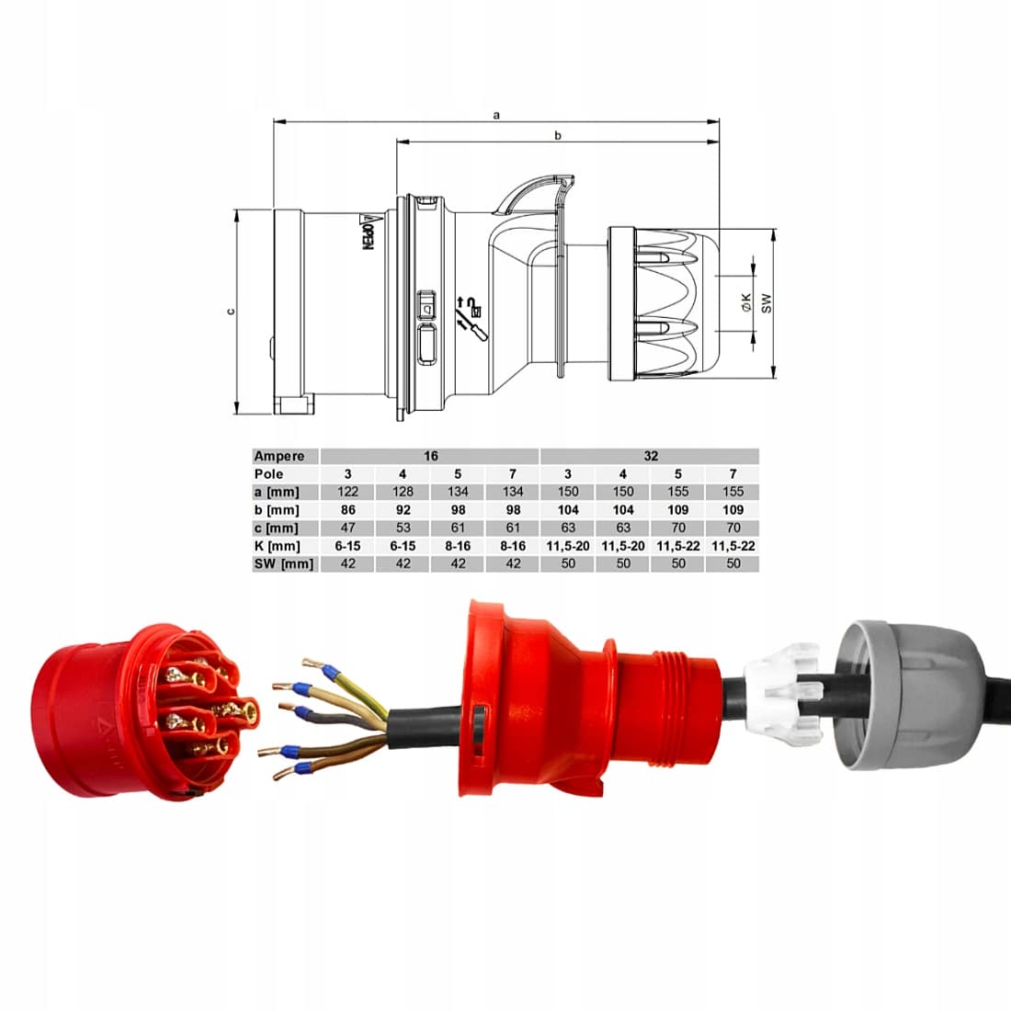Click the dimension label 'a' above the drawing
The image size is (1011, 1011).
(x=496, y=116)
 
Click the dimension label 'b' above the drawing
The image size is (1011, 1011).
(x=558, y=135)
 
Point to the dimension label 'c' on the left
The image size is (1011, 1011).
(x=231, y=312)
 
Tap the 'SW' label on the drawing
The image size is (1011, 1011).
(x=766, y=303)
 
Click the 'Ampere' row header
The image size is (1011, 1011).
(x=279, y=456)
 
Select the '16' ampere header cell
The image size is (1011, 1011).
(x=431, y=456)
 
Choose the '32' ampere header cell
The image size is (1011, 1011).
(x=651, y=456)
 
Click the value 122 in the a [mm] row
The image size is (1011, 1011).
(x=347, y=492)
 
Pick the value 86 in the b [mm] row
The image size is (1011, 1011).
(x=347, y=509)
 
